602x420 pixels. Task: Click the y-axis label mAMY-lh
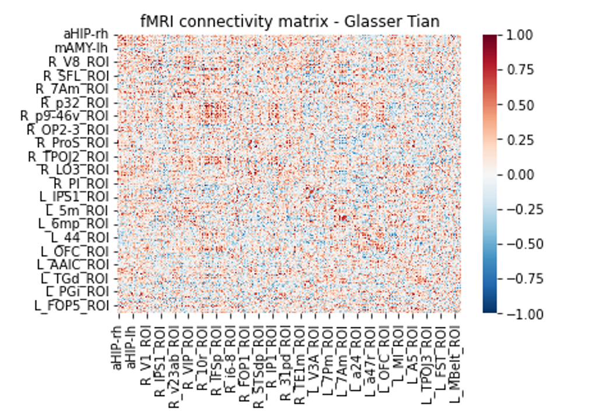82,48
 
